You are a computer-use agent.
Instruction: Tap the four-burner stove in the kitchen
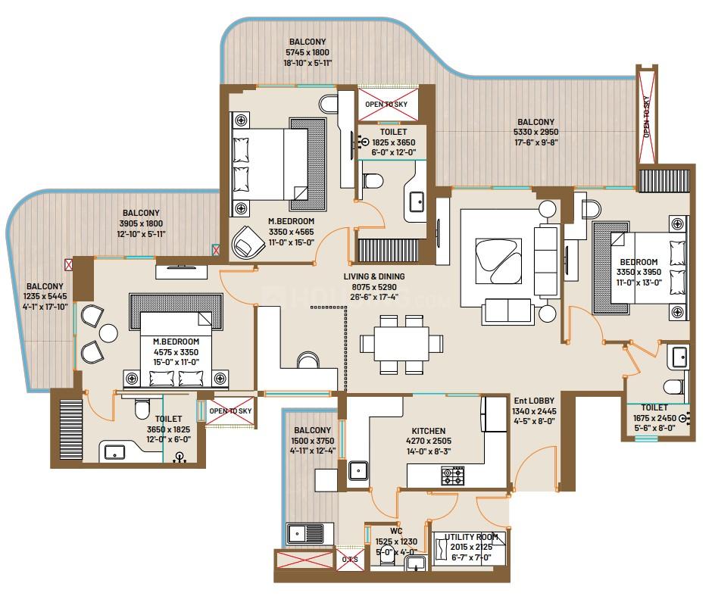[454, 476]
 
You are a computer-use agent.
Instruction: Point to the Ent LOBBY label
[535, 401]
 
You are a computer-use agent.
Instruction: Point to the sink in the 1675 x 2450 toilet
[679, 356]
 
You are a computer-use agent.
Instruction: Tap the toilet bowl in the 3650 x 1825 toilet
[141, 410]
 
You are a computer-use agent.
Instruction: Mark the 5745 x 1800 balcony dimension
[308, 51]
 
